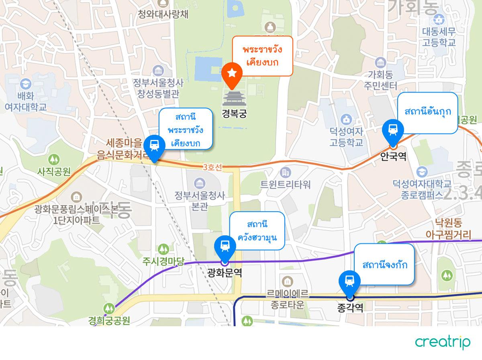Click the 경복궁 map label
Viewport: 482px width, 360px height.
[x=234, y=113]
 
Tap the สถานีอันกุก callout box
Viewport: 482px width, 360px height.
[x=428, y=112]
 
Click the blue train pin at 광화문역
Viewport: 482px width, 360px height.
[x=225, y=247]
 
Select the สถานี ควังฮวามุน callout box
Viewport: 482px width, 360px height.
[x=257, y=230]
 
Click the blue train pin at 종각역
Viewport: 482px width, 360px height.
[x=350, y=281]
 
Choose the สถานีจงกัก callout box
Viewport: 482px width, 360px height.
[x=384, y=265]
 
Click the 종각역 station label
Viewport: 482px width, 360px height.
[x=350, y=308]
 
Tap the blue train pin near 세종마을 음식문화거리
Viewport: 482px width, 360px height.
[x=154, y=146]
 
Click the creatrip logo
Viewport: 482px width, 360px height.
[x=443, y=342]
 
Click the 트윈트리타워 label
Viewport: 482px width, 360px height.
[x=286, y=185]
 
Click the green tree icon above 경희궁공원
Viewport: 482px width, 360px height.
[x=109, y=309]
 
